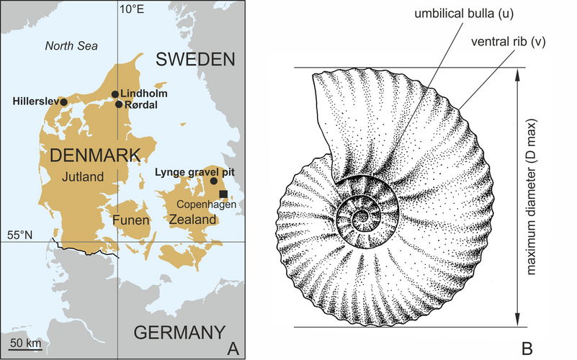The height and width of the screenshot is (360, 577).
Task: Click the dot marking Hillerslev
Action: coord(63,102)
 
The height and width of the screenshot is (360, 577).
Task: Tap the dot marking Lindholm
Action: coord(115,94)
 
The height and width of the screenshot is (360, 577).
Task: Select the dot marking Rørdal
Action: coord(119,104)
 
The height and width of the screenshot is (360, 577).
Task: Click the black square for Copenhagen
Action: coord(223,194)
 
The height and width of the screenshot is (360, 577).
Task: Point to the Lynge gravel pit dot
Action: coord(213,181)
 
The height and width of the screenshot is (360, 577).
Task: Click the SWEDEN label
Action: coord(197,59)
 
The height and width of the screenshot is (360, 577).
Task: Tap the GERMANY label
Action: coord(176,333)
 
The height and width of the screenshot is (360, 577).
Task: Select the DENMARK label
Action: coord(89,156)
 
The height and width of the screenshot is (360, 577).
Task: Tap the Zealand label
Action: coord(190,218)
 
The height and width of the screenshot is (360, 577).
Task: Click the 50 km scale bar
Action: coord(24,348)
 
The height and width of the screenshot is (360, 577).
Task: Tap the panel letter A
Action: coord(233,347)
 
